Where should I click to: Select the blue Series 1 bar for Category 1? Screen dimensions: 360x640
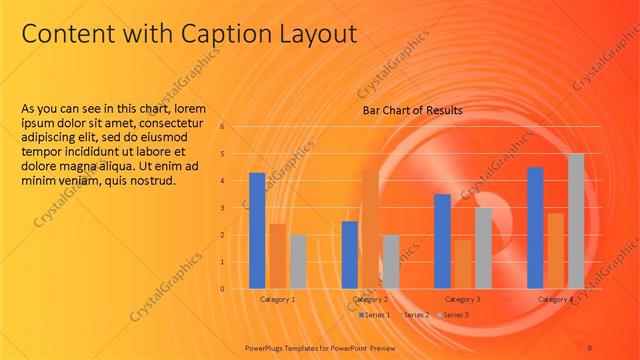(x=257, y=230)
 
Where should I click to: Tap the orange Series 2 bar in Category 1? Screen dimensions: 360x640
(x=277, y=256)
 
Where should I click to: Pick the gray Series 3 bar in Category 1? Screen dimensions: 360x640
(x=298, y=261)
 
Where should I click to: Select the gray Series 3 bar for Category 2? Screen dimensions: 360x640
(x=390, y=261)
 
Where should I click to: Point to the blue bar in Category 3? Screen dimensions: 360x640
(x=442, y=241)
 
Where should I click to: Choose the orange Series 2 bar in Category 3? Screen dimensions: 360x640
(x=462, y=264)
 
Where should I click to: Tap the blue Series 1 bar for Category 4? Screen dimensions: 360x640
(x=535, y=227)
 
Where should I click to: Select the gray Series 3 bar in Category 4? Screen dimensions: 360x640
(x=576, y=221)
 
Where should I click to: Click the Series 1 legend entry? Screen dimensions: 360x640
(x=375, y=315)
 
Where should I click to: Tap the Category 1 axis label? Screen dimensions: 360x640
(x=277, y=299)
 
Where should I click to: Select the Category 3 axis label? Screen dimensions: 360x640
(x=462, y=299)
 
